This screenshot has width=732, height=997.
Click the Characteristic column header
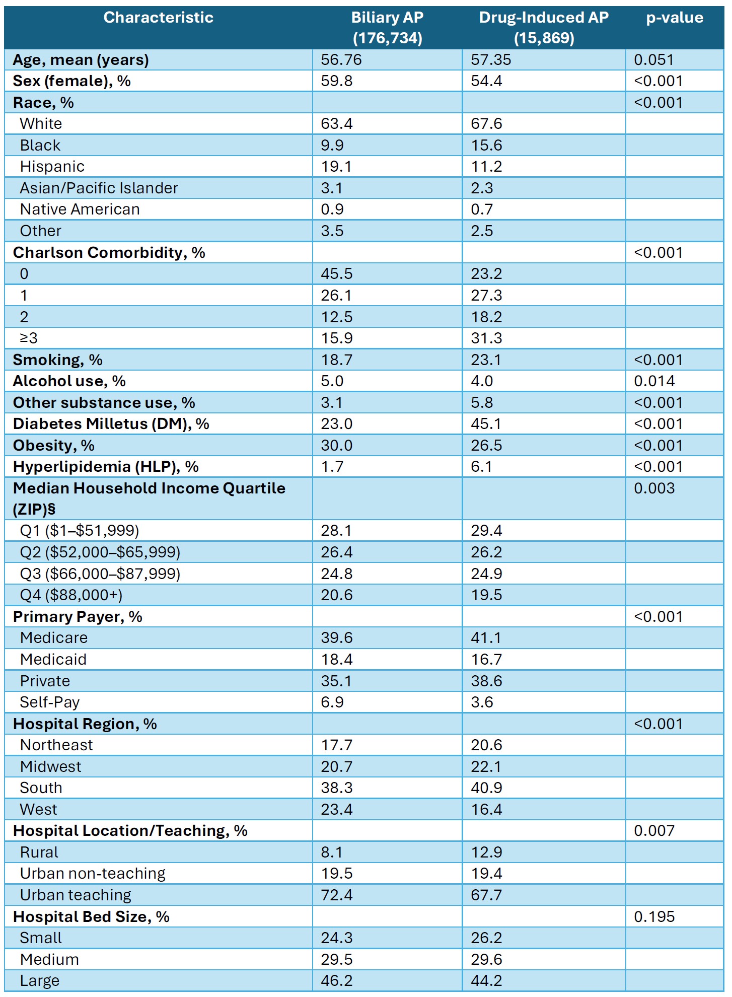pyautogui.click(x=158, y=18)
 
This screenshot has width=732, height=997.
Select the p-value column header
pyautogui.click(x=675, y=18)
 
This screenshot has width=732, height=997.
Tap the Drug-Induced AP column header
pyautogui.click(x=544, y=28)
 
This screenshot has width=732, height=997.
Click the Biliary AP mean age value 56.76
pyautogui.click(x=341, y=59)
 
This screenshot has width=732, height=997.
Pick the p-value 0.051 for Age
pyautogui.click(x=653, y=59)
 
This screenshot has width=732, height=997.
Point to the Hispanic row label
pyautogui.click(x=52, y=166)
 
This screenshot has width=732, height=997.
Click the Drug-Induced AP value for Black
pyautogui.click(x=486, y=145)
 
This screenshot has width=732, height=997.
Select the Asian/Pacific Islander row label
pyautogui.click(x=99, y=188)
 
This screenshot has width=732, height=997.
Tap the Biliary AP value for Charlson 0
pyautogui.click(x=337, y=273)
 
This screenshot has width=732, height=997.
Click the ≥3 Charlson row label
pyautogui.click(x=29, y=338)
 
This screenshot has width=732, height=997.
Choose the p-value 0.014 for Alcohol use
pyautogui.click(x=654, y=381)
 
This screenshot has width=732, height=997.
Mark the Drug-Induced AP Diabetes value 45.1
pyautogui.click(x=486, y=423)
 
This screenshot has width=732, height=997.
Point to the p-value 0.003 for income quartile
pyautogui.click(x=654, y=488)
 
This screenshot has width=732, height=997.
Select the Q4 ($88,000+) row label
pyautogui.click(x=71, y=595)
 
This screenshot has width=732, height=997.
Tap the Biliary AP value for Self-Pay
pyautogui.click(x=332, y=702)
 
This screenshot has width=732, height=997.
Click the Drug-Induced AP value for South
pyautogui.click(x=486, y=788)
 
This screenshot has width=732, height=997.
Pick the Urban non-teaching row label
pyautogui.click(x=93, y=873)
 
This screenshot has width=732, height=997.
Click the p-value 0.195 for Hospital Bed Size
pyautogui.click(x=654, y=916)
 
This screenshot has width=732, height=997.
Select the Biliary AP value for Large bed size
pyautogui.click(x=337, y=980)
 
